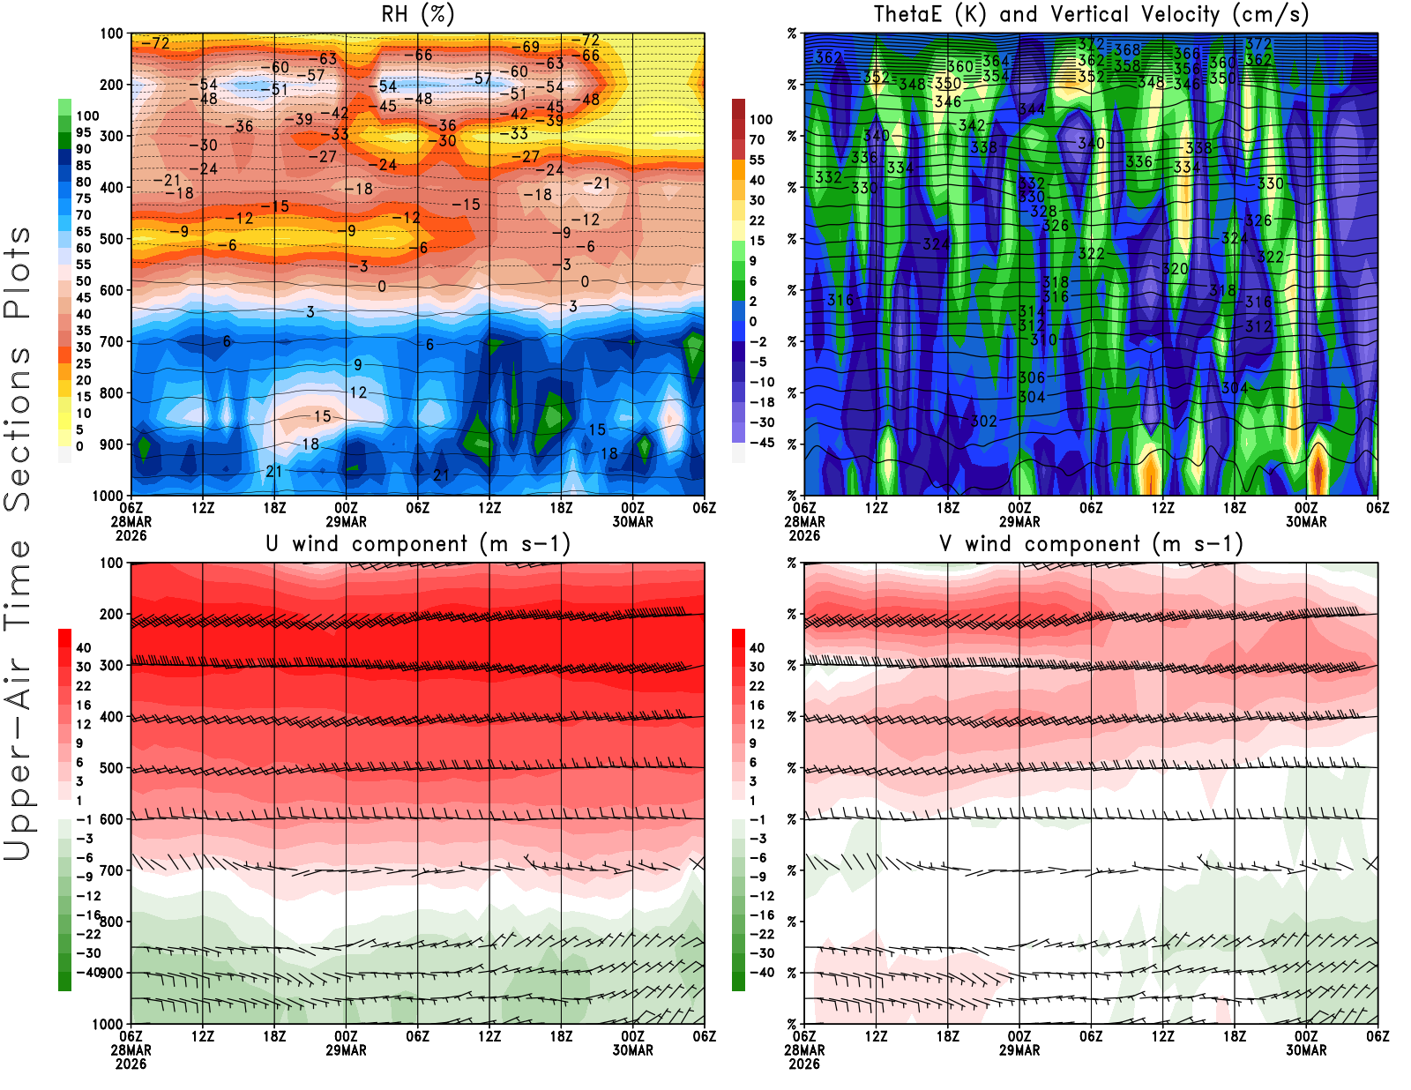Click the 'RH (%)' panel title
(x=418, y=15)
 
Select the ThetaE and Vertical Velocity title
(x=1091, y=15)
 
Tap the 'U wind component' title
(x=418, y=544)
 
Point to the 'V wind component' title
(x=1091, y=544)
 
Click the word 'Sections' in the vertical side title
(x=18, y=427)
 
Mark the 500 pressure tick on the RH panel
(x=112, y=239)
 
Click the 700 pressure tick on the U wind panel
(x=112, y=870)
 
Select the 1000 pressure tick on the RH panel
(x=108, y=496)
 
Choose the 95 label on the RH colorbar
(x=84, y=132)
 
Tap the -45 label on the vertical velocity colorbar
(x=762, y=443)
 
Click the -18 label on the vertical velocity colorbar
(x=762, y=402)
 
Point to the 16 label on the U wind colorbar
(x=84, y=706)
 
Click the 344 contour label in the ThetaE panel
(x=1031, y=109)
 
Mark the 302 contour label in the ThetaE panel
(x=984, y=422)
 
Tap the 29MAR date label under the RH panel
(x=346, y=522)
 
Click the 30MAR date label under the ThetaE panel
(x=1306, y=522)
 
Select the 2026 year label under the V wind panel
(x=804, y=1064)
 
